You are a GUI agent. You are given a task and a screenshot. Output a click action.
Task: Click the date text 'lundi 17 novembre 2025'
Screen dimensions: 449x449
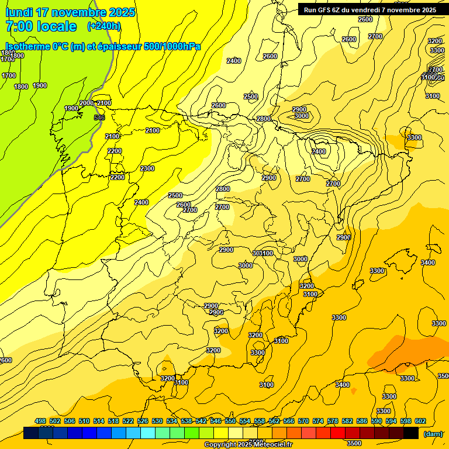pos(70,12)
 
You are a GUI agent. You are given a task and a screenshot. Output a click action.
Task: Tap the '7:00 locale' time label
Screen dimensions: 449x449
pos(41,26)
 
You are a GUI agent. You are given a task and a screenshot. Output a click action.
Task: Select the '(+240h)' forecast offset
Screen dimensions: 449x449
pos(104,26)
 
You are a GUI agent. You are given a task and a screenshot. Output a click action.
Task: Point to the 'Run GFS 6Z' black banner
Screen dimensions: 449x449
pos(369,10)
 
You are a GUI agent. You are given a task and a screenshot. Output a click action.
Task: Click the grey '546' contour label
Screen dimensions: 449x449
pos(99,118)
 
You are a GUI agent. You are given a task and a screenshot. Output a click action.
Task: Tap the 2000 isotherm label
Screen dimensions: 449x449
pos(86,103)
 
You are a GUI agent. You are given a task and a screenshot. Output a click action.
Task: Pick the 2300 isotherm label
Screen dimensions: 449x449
pos(147,168)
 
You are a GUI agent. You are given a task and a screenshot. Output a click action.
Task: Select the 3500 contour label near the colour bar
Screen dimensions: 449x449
pos(354,443)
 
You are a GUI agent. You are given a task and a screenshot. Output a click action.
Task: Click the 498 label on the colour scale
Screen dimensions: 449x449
pos(40,422)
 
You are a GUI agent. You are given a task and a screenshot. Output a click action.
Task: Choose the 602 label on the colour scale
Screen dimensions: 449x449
pos(420,422)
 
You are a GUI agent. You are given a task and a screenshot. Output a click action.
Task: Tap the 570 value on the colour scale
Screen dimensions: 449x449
pos(303,422)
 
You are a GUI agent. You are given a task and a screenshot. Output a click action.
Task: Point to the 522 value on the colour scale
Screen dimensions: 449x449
pos(128,422)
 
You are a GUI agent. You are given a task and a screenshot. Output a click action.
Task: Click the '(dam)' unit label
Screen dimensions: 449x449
pos(433,434)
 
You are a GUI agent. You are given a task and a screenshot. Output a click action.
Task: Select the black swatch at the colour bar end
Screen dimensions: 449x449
pos(411,433)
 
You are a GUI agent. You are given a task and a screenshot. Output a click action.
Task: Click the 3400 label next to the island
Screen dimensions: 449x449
pos(428,263)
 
